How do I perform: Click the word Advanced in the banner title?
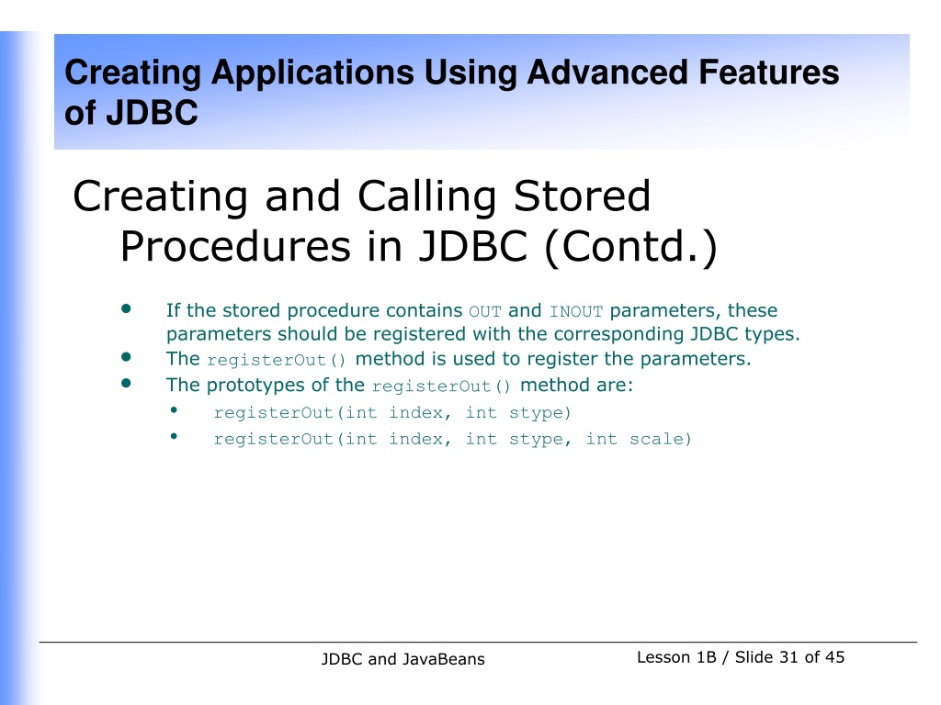pos(607,73)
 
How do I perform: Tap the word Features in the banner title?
pos(769,73)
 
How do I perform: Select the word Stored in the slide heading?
pos(582,196)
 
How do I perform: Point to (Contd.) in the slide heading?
pos(630,247)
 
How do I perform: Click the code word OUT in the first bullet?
pos(485,312)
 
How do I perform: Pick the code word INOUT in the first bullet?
pos(576,312)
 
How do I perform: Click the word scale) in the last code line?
pos(661,440)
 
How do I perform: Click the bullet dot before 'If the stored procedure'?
pos(126,308)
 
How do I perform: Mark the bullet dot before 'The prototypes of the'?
pos(126,383)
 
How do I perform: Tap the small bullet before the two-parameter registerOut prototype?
pos(174,410)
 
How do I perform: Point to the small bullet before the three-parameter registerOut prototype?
pos(174,436)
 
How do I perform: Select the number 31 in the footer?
pos(789,657)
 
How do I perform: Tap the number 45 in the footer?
pos(834,657)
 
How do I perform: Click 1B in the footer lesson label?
pos(707,657)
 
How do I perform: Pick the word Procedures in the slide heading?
pos(235,247)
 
